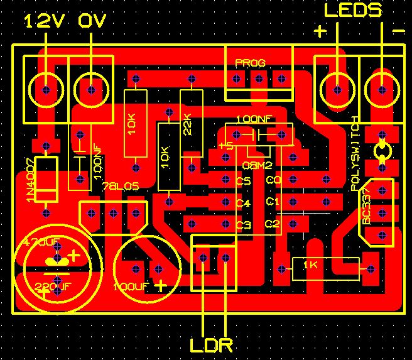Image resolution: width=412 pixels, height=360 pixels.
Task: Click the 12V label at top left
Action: click(x=44, y=21)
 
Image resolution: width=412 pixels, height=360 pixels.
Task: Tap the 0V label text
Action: click(x=92, y=21)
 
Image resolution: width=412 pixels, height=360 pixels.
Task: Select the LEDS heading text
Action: click(x=352, y=11)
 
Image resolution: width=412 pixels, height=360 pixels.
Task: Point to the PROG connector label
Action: click(x=250, y=63)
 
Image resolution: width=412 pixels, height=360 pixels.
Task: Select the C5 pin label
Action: click(x=244, y=182)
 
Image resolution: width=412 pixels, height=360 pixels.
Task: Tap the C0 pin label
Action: click(x=273, y=180)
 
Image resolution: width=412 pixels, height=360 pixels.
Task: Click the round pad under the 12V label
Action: click(x=45, y=90)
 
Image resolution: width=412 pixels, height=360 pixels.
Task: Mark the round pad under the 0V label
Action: click(x=92, y=90)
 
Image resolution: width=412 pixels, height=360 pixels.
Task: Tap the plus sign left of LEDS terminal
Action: click(x=320, y=31)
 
